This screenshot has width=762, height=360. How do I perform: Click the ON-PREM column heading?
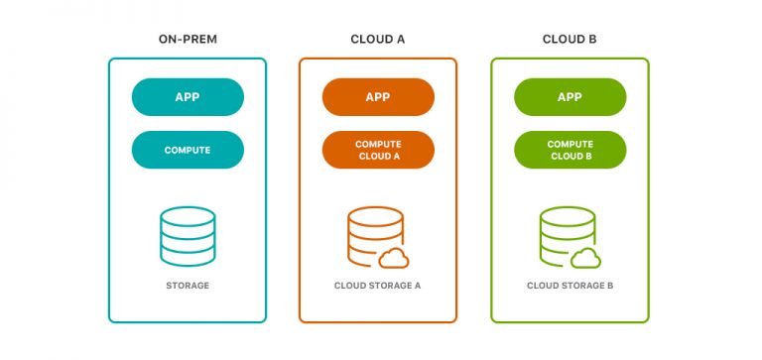point(188,40)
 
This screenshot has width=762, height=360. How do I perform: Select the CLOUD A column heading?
point(378,40)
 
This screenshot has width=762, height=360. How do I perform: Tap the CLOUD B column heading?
point(570,40)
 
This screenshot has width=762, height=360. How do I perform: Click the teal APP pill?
point(188,97)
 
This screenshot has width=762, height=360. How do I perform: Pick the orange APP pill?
point(378,97)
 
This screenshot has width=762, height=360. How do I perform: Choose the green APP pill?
point(570,97)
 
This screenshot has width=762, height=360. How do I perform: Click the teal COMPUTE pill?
point(188,150)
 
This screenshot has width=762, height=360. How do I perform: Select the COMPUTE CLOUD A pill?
point(378,150)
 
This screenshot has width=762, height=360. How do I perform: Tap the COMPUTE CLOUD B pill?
point(570,150)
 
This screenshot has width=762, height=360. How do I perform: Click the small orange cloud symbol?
point(394,258)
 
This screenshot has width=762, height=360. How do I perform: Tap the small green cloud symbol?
point(585,258)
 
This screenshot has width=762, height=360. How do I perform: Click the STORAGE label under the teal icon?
point(188,286)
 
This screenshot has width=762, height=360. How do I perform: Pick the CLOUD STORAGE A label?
point(378,286)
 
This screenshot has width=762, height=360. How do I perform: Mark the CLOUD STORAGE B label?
point(570,286)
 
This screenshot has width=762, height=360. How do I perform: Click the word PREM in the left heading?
point(201,40)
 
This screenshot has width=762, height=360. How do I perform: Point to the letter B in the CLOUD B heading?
point(592,40)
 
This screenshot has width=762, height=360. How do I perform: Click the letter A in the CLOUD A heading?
point(401,40)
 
